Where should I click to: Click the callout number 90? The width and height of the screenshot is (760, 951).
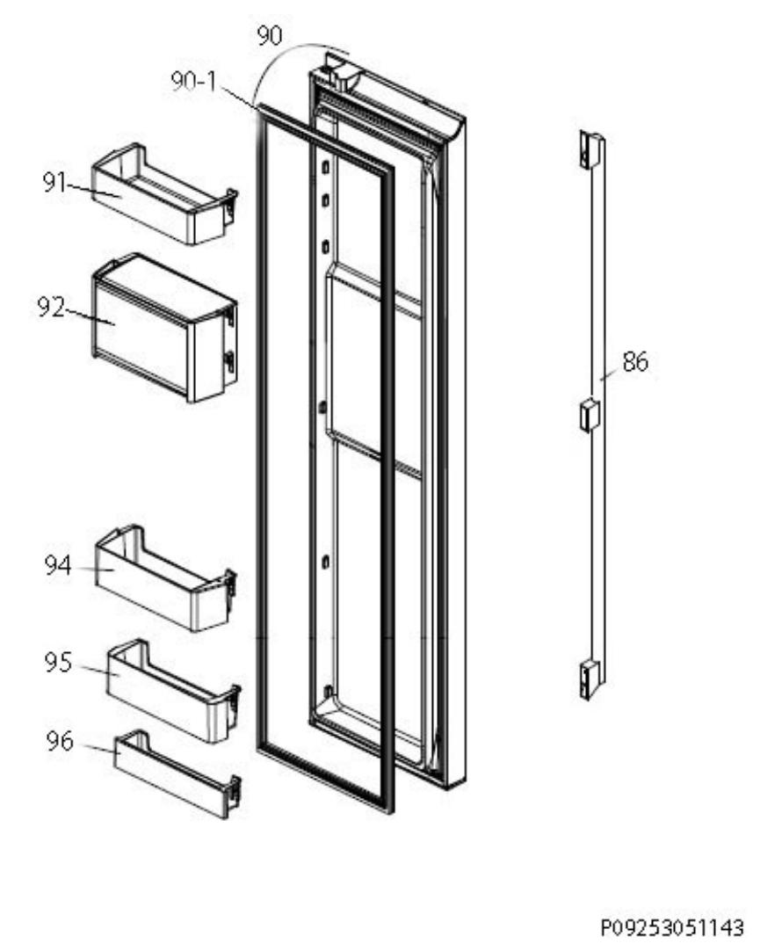coord(269,36)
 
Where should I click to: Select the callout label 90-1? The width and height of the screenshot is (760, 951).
coord(193,81)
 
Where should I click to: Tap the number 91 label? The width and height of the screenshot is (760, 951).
coord(54,182)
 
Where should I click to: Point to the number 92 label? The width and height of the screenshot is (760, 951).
coord(51,308)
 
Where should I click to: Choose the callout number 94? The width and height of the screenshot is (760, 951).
coord(58,565)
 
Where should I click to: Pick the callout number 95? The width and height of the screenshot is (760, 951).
coord(58,663)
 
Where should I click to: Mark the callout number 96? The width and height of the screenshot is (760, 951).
coord(60,741)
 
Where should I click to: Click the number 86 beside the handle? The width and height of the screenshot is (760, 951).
coord(635,362)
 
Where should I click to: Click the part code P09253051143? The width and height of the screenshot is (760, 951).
coord(672,927)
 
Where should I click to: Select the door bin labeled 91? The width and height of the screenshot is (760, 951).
coord(164,194)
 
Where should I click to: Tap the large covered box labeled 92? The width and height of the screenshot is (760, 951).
coord(164,328)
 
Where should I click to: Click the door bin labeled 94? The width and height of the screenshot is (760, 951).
coord(165,578)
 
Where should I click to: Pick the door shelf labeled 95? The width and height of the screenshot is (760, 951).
coord(173,691)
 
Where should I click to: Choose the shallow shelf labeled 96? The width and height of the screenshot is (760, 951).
coord(177,774)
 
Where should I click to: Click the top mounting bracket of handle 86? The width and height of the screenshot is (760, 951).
coord(590,149)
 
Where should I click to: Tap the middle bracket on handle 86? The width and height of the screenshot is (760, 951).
coord(590,415)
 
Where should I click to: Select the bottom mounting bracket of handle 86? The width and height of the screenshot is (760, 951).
coord(589,680)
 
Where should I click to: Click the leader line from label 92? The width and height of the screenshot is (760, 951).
coord(90,317)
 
